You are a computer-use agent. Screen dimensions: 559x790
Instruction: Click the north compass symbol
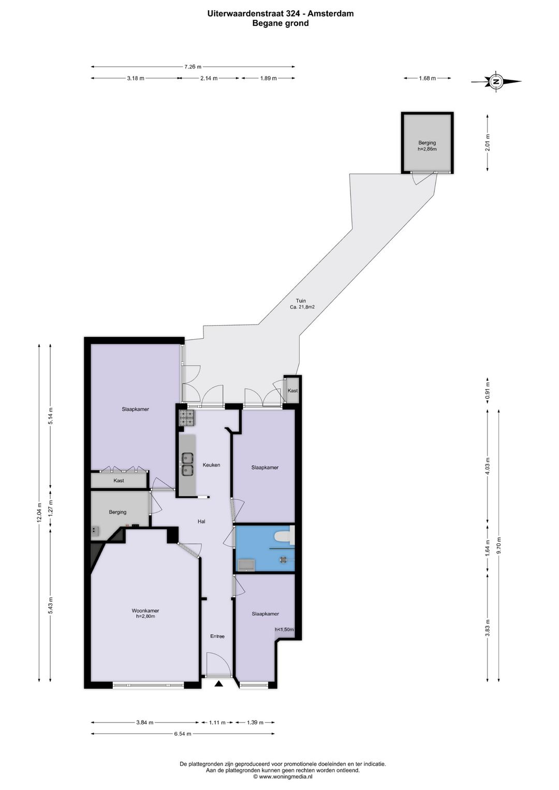[x=496, y=81]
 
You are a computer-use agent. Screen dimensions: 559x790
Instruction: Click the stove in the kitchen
[x=187, y=418]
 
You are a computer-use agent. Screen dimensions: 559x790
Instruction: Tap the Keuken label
[x=211, y=465]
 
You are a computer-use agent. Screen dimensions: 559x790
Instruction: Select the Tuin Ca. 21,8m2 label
[x=302, y=304]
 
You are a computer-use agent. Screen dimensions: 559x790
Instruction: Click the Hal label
[x=201, y=521]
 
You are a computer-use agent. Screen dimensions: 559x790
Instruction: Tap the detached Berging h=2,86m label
[x=427, y=145]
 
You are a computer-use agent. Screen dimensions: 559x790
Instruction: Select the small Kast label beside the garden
[x=292, y=390]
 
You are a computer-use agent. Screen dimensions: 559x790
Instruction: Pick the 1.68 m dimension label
[x=427, y=78]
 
